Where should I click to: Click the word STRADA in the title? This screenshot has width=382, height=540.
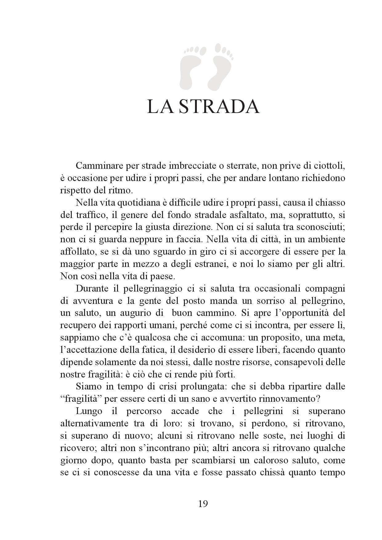pyautogui.click(x=219, y=107)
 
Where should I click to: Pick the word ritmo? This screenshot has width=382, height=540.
pyautogui.click(x=121, y=190)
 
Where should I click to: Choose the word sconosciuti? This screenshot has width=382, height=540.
pyautogui.click(x=320, y=227)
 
